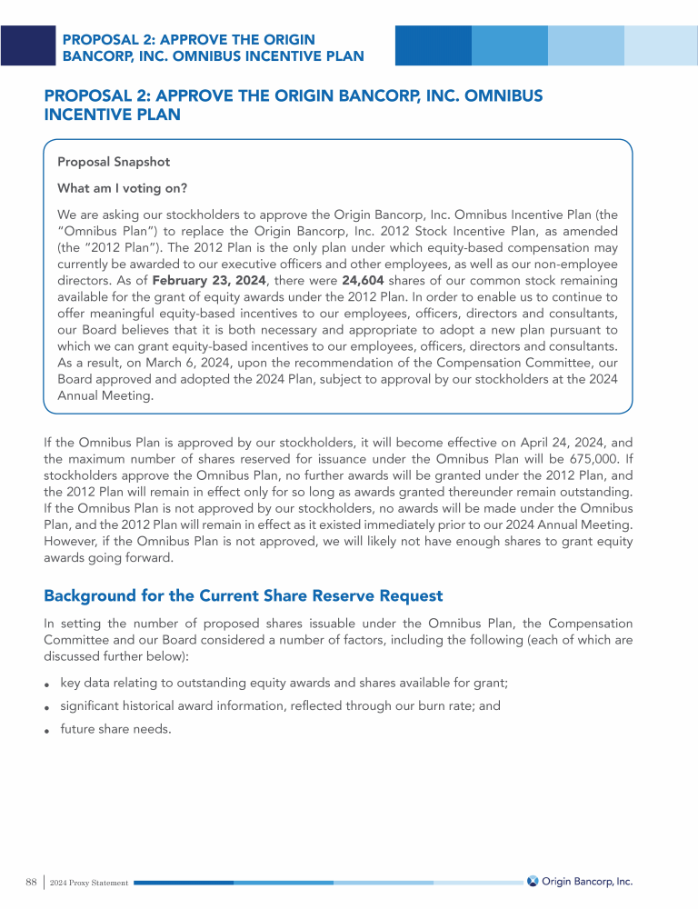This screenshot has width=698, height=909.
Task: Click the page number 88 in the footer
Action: [31, 882]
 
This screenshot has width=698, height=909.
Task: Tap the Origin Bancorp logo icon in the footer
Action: [533, 881]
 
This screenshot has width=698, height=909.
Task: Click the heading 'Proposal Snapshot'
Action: [114, 163]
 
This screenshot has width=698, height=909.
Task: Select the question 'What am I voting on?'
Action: [122, 188]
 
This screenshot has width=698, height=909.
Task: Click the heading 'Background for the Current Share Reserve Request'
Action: [243, 596]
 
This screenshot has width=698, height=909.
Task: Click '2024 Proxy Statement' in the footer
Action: [89, 883]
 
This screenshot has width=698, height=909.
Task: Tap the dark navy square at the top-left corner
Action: [28, 45]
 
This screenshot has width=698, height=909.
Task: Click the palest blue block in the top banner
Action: [660, 45]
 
